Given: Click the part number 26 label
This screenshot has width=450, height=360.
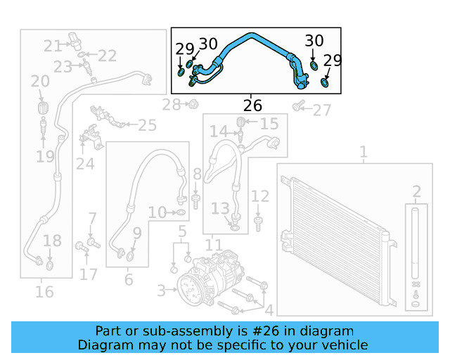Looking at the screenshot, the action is coord(252,106).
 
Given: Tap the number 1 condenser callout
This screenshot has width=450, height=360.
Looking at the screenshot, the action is coord(364,152).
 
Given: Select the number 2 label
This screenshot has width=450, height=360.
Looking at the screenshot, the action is coord(416,191).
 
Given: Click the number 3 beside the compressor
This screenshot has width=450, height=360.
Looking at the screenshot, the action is coord(161,290).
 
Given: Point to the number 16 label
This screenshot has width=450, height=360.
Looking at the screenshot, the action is coord(44,292).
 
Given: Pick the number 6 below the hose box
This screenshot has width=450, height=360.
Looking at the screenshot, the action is coord(129,280).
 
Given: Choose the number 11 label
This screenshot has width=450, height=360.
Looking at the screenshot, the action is coord(213,245).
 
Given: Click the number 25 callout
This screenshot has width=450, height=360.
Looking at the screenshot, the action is coord(147,126).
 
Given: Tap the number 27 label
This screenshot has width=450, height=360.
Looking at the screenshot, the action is coord(322,110).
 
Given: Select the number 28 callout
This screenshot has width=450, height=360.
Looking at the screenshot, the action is coord(171,105).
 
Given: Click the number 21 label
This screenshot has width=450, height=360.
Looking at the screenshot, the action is coord(53,46).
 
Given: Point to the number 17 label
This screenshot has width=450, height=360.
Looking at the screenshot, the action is coord(88,274).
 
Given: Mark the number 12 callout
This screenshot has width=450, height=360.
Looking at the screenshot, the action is coord(260,196).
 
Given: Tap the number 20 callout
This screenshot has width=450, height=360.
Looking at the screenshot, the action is coord(40,82).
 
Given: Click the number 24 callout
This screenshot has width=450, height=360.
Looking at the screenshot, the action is coord(85,164).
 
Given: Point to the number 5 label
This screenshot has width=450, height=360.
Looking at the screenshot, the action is coord(181,231).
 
